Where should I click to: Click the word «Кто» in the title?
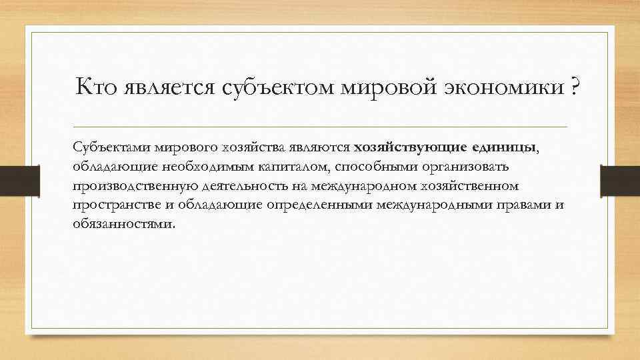click(96, 87)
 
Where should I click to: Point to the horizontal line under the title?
click(320, 127)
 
